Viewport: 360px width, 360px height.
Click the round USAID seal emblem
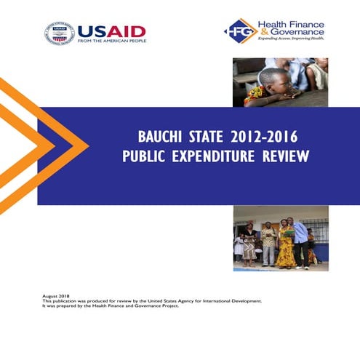pos(59,33)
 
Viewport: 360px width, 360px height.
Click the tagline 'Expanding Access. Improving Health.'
pos(291,43)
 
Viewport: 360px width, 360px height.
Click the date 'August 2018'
pos(56,296)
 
